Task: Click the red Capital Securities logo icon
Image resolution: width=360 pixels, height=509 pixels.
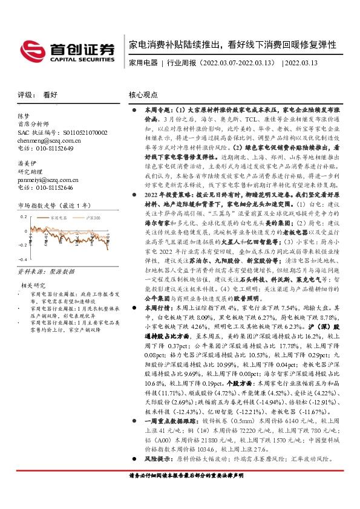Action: click(x=31, y=48)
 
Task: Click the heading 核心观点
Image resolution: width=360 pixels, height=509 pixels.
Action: click(x=143, y=95)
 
